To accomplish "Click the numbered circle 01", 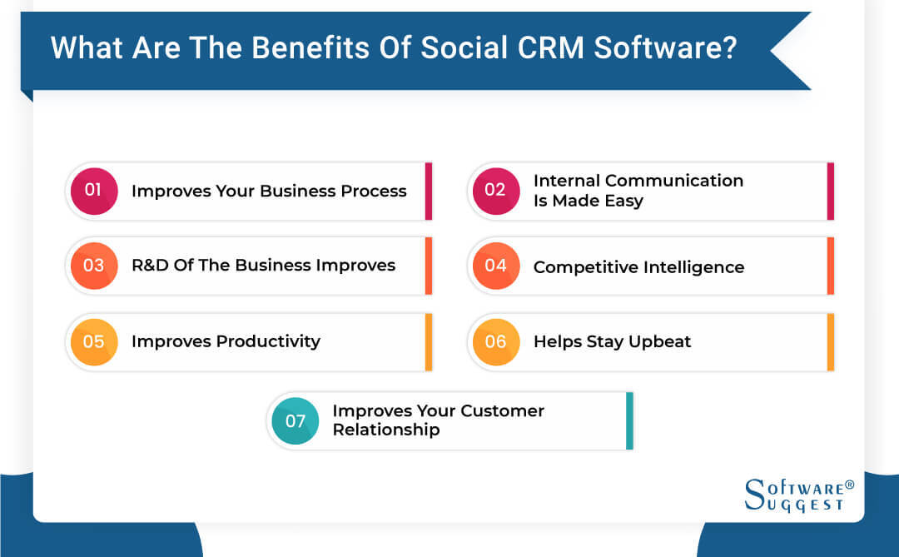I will point(93,191).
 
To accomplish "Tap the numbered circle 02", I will point(495,191).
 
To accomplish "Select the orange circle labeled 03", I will point(93,266).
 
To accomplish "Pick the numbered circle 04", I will point(495,266).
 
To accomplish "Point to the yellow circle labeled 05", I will point(93,341).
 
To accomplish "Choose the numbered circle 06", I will point(495,341).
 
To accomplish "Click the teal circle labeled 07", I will point(295,420).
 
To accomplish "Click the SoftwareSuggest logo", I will point(792,495).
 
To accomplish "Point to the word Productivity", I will point(268,341).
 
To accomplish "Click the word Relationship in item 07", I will point(386,430).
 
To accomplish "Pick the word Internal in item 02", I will point(567,181).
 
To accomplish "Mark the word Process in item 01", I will point(374,191).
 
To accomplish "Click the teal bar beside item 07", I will point(629,420).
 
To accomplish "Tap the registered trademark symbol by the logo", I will point(849,485).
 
